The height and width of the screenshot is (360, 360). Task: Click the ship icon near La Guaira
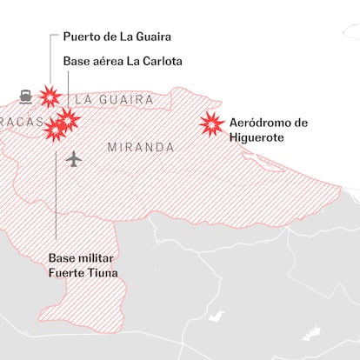[x=25, y=96]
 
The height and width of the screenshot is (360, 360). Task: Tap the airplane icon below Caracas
[x=74, y=159]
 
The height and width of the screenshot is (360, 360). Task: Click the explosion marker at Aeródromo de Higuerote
[x=211, y=124]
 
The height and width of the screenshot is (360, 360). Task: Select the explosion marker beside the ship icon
[x=50, y=95]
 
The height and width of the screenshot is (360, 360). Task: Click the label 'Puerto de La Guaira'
[x=116, y=38]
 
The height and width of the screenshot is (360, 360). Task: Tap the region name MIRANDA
[x=140, y=148]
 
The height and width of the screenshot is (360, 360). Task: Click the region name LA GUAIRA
[x=114, y=101]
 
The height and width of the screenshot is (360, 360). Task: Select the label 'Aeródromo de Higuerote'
[x=268, y=130]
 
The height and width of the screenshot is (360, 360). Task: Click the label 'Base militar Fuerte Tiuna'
[x=83, y=266]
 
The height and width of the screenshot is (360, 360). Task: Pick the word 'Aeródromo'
[x=261, y=123]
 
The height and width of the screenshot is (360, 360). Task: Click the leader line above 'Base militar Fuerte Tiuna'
[x=57, y=191]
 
